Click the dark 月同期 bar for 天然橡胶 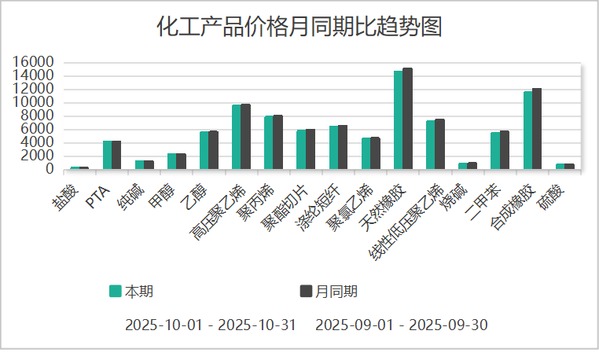(x=407, y=118)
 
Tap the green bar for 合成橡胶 (x=528, y=130)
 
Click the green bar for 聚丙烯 (x=269, y=142)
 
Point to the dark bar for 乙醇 (x=213, y=149)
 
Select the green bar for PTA (x=107, y=155)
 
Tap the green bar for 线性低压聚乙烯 (x=431, y=145)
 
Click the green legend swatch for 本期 (x=115, y=292)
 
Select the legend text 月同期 (x=336, y=292)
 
